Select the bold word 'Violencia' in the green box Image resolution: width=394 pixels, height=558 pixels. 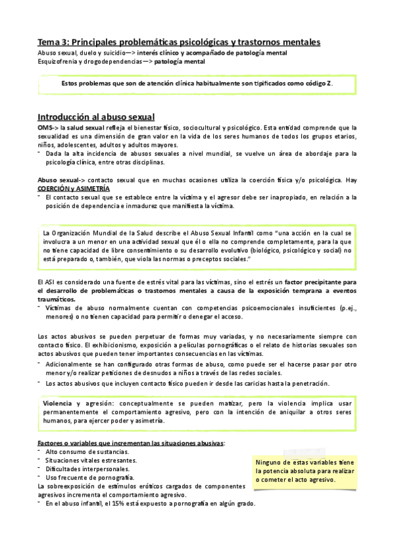58,402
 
